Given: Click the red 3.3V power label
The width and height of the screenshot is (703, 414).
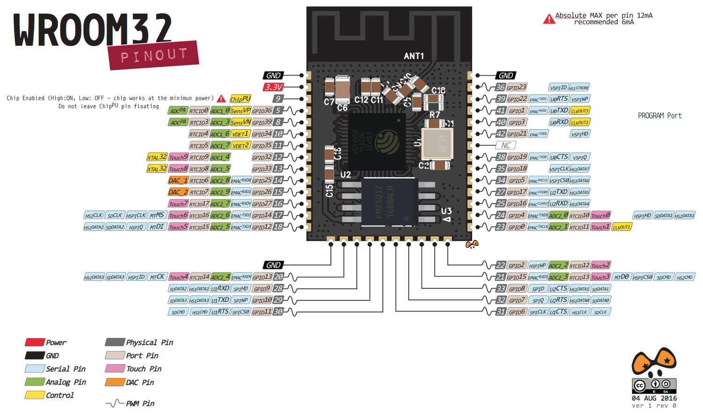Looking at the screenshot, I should (273, 87).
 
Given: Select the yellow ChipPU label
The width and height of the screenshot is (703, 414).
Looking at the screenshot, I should (240, 99).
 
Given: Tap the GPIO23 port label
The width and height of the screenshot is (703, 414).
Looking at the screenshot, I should (517, 87).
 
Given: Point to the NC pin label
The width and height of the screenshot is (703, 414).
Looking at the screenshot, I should (506, 145).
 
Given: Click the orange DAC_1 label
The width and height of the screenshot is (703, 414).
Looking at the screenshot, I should (178, 180).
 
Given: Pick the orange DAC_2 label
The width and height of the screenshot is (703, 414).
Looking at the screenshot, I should (178, 192).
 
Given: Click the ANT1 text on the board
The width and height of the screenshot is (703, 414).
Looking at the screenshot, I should (414, 56).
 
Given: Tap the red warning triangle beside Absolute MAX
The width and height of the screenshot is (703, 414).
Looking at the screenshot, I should (549, 19).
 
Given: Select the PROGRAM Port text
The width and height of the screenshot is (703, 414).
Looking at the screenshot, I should (659, 116).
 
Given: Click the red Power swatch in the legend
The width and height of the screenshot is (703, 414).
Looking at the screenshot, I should (35, 342).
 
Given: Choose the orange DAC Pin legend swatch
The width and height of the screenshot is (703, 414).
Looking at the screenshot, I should (115, 382).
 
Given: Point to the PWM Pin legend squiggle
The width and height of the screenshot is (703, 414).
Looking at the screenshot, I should (115, 403).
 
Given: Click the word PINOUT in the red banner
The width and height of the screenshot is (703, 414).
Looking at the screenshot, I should (154, 56).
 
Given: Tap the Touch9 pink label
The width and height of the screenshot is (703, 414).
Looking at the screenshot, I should (178, 157).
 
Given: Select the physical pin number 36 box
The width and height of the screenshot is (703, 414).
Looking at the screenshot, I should (501, 87).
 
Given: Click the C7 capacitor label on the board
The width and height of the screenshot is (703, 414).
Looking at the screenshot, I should (329, 102).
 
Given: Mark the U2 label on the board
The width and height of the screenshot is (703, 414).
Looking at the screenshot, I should (345, 175).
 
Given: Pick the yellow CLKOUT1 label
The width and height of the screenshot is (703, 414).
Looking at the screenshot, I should (621, 227).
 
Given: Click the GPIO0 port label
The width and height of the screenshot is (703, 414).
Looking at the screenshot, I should (516, 227).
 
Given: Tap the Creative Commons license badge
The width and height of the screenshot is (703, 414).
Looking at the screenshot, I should (654, 385).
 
